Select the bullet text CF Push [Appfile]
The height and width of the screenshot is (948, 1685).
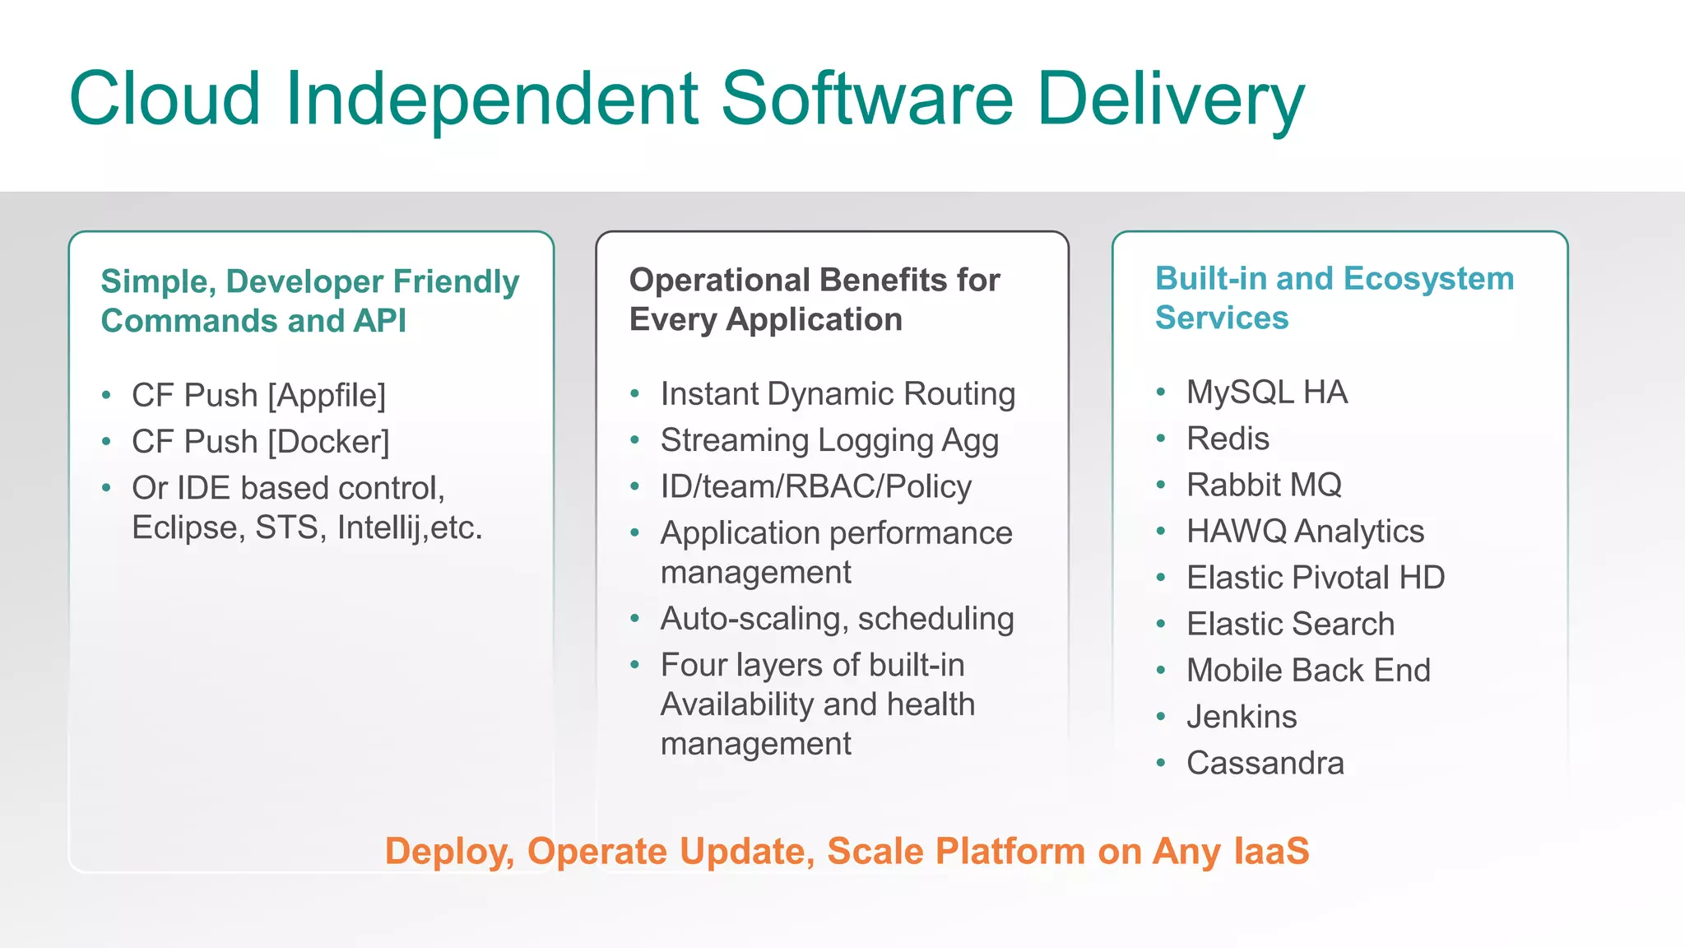[x=258, y=396]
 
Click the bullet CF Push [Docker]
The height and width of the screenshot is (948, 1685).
[x=260, y=442]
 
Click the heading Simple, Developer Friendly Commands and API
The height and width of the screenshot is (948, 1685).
[x=309, y=301]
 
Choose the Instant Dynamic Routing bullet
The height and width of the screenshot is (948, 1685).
[x=838, y=394]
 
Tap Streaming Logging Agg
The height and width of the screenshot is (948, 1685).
[x=829, y=440]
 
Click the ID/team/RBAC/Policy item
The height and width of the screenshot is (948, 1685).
[x=815, y=486]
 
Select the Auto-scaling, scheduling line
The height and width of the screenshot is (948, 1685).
[x=837, y=619]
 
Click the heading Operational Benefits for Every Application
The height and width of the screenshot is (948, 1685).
[x=814, y=300]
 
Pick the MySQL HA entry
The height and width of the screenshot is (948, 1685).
[x=1266, y=393]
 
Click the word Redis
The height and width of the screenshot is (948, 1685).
[x=1228, y=439]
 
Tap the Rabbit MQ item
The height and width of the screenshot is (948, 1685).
[x=1264, y=485]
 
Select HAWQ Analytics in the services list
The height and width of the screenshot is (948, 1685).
[x=1305, y=532]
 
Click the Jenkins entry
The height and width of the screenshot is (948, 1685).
[x=1242, y=717]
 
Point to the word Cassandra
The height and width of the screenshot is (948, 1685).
[x=1265, y=763]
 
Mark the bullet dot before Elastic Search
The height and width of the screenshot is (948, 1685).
[x=1160, y=625]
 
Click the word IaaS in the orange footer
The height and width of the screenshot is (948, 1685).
[x=1270, y=851]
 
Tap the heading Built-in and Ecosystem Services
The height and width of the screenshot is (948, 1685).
[x=1334, y=298]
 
